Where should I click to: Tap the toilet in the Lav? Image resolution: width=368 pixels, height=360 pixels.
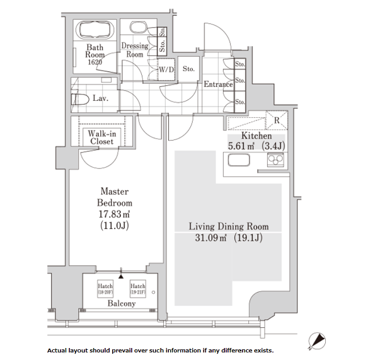(x=80, y=100)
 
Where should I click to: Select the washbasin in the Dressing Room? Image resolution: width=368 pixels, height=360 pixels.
(x=138, y=27)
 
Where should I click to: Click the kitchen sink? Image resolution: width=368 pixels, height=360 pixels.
(x=239, y=160)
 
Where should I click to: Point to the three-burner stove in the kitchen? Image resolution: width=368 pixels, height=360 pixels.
(x=275, y=160)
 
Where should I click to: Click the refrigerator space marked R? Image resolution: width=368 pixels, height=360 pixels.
(x=277, y=120)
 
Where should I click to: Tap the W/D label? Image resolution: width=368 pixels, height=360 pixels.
(x=166, y=69)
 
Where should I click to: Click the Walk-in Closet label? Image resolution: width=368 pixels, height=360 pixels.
(x=102, y=137)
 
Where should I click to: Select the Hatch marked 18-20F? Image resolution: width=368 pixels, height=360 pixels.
(x=105, y=289)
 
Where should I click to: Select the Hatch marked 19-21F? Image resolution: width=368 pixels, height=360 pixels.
(x=138, y=289)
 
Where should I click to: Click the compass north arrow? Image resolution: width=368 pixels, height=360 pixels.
(x=317, y=341)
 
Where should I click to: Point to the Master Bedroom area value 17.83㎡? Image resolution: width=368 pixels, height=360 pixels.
(x=114, y=214)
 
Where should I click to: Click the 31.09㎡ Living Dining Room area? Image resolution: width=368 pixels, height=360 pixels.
(x=210, y=238)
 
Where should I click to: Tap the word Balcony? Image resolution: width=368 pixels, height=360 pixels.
(x=122, y=303)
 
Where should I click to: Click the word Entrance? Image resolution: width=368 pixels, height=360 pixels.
(x=218, y=84)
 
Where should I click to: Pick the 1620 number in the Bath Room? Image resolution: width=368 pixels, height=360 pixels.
(x=95, y=62)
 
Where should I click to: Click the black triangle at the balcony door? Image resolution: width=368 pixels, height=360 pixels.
(x=121, y=276)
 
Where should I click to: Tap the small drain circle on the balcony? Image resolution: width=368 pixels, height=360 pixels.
(x=153, y=293)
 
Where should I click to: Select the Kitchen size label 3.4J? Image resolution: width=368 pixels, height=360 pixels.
(x=273, y=146)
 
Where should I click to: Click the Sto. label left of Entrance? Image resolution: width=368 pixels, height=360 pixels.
(x=188, y=69)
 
